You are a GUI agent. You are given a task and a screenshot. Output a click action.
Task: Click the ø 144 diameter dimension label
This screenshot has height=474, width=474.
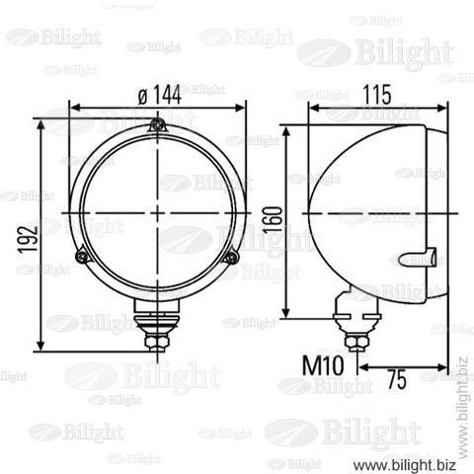pos(159,95)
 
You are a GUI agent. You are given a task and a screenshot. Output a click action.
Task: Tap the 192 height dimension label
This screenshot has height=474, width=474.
pos(28,240)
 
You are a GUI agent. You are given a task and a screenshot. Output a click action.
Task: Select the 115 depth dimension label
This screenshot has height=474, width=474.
pos(377,95)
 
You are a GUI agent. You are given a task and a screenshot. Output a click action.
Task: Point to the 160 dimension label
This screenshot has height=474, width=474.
pos(273,219)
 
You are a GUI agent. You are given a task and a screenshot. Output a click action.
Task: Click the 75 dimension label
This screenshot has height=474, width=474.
pos(397,379)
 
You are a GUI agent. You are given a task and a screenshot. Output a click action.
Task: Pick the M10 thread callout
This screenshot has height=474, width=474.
pos(323,365)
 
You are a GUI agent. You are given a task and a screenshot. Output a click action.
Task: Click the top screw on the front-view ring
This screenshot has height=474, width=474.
pos(158,125)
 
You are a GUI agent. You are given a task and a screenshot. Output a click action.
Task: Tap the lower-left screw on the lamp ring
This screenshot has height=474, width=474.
pos(82,256)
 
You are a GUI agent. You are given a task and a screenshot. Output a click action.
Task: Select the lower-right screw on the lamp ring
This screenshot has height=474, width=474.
pos(232,257)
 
